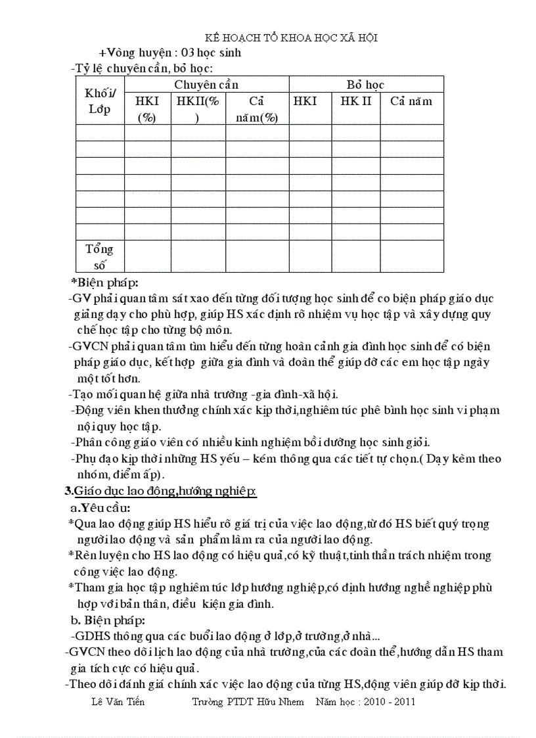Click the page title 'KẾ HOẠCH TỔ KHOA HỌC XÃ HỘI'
(292, 38)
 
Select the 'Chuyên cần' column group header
(206, 85)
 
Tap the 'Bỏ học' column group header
(366, 85)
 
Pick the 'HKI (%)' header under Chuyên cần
(147, 108)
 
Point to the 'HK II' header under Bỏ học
(355, 101)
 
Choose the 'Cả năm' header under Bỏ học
(411, 101)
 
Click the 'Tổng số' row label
(100, 257)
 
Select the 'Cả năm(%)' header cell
(257, 108)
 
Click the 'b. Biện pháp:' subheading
(108, 620)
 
